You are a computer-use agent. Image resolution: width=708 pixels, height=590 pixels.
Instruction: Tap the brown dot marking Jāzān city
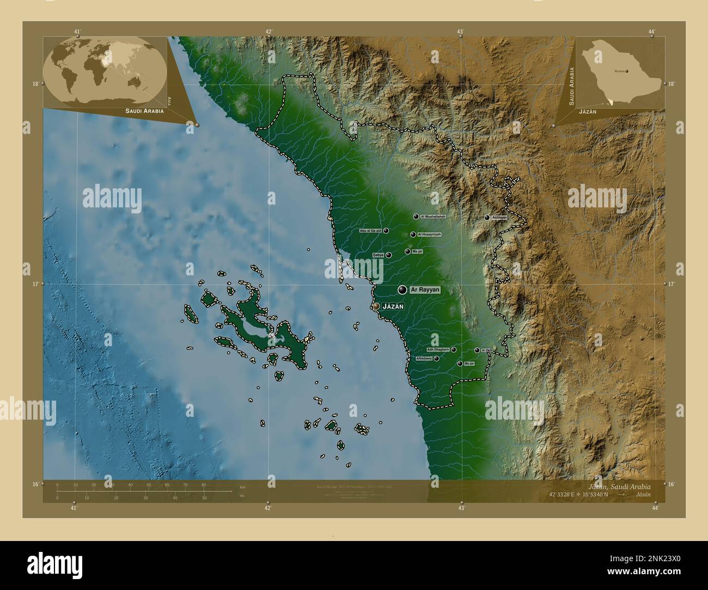(x=376, y=307)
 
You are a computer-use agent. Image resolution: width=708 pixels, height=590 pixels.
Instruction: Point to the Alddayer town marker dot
(x=487, y=218)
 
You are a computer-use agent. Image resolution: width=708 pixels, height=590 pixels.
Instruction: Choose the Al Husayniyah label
(x=429, y=235)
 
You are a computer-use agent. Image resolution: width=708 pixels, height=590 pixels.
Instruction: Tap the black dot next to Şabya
(x=389, y=255)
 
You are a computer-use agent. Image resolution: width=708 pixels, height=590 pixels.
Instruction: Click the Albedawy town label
(x=424, y=359)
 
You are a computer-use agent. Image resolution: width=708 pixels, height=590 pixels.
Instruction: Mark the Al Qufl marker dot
(x=477, y=351)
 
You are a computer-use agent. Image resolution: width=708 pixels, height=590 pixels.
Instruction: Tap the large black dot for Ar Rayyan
(x=402, y=290)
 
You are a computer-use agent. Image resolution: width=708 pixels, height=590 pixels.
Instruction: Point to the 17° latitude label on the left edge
(x=35, y=284)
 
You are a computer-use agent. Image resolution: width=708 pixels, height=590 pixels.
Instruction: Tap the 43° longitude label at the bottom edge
(x=461, y=508)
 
